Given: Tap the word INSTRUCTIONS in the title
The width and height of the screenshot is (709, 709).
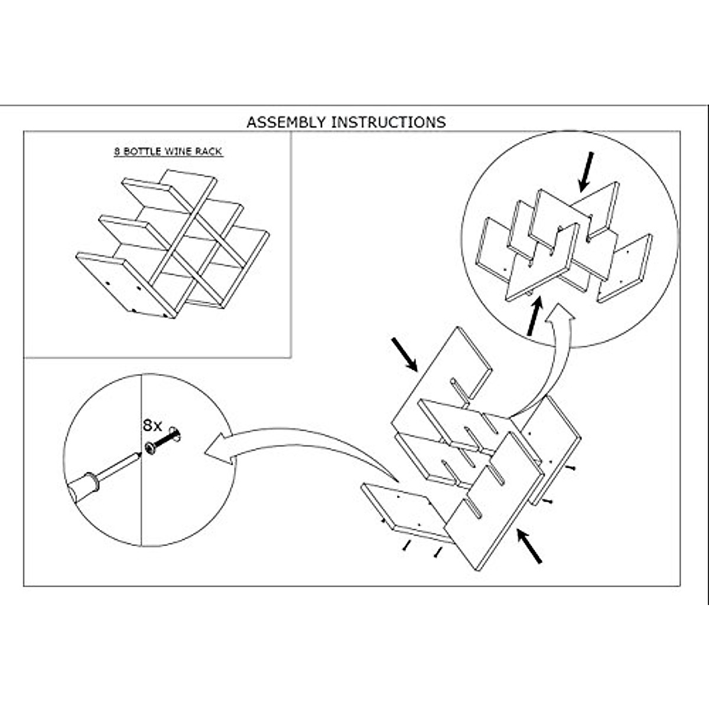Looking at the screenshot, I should pos(388,122).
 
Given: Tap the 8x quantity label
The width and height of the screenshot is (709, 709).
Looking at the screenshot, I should pos(152,425).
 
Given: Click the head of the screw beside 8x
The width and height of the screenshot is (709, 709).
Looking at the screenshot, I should pos(150,448).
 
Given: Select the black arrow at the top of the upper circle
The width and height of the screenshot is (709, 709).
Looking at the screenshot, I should pos(586,171).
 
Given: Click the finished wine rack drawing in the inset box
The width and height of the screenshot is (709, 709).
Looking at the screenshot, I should pos(171,242).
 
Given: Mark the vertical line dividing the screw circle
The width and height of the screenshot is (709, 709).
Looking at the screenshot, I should pos(141,502).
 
